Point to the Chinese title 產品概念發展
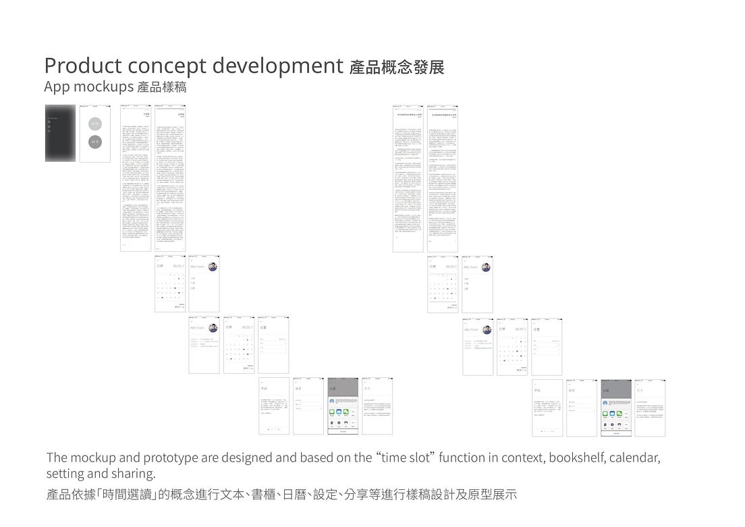click(397, 67)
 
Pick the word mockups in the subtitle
click(102, 87)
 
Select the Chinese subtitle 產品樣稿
click(161, 87)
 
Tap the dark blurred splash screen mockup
click(60, 133)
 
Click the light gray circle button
click(95, 123)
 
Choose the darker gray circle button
click(95, 142)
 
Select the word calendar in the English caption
click(634, 457)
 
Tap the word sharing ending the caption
click(132, 473)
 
